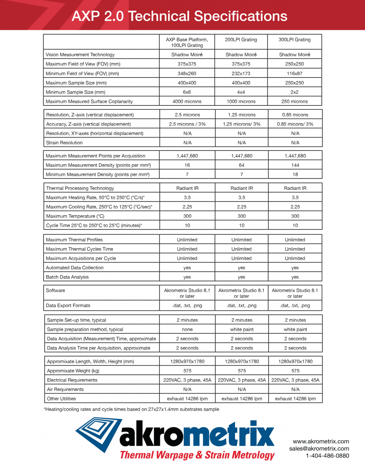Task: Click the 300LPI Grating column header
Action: [294, 39]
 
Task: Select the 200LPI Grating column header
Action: [241, 39]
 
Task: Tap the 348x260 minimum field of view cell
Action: [187, 73]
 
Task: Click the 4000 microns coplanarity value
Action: [187, 101]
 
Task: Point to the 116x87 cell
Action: [295, 73]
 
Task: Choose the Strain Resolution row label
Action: [64, 143]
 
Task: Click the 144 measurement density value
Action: [295, 165]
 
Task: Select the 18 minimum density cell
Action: [295, 174]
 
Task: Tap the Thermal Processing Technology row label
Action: [80, 188]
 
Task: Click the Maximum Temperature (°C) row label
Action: [75, 216]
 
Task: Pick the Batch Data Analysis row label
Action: [67, 277]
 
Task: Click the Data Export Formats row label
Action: [68, 306]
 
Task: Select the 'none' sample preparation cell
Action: [187, 329]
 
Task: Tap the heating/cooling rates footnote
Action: [131, 409]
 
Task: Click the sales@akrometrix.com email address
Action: [319, 449]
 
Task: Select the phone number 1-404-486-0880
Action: [327, 456]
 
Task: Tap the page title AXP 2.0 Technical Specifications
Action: [180, 16]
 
